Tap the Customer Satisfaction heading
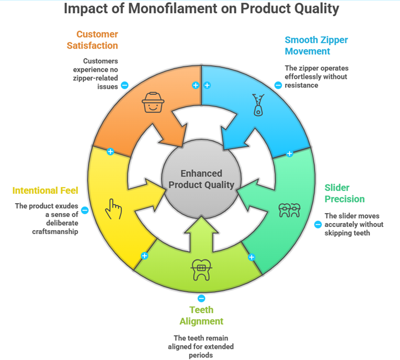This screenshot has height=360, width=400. pyautogui.click(x=93, y=40)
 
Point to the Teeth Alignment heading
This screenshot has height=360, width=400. pyautogui.click(x=201, y=315)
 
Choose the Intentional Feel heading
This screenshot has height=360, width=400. pyautogui.click(x=45, y=190)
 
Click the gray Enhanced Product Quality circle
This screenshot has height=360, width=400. pyautogui.click(x=201, y=179)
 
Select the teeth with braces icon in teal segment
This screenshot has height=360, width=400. pyautogui.click(x=290, y=210)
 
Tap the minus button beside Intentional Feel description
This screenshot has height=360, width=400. pyautogui.click(x=85, y=210)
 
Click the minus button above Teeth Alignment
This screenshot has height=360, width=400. pyautogui.click(x=201, y=298)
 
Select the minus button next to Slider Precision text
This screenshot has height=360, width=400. pyautogui.click(x=318, y=224)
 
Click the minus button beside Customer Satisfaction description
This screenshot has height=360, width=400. pyautogui.click(x=125, y=85)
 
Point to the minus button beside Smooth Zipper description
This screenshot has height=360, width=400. pyautogui.click(x=278, y=85)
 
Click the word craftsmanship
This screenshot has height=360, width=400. pyautogui.click(x=53, y=232)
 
